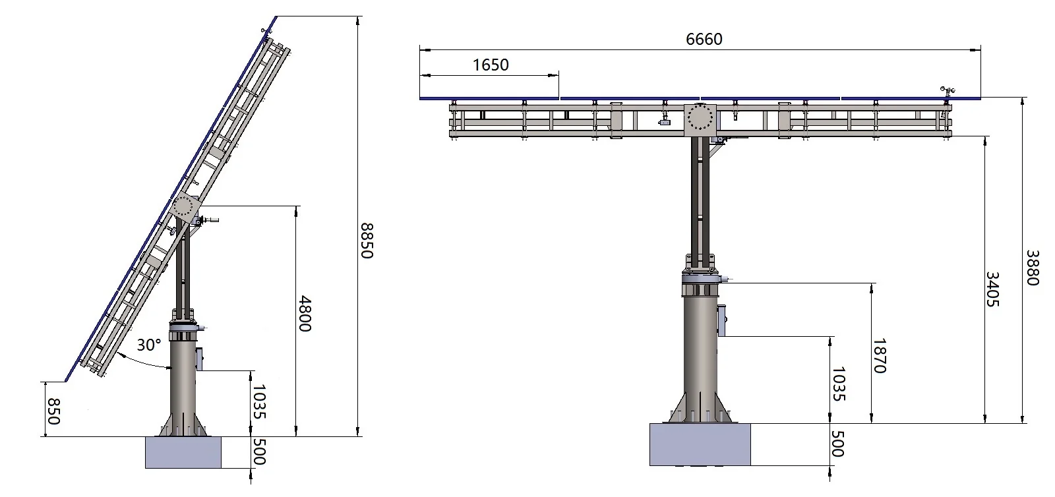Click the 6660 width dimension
pyautogui.click(x=704, y=39)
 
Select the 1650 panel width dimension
pyautogui.click(x=491, y=65)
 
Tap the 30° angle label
pyautogui.click(x=149, y=345)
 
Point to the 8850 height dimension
pyautogui.click(x=367, y=241)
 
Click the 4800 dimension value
pyautogui.click(x=305, y=314)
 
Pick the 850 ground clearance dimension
pyautogui.click(x=54, y=411)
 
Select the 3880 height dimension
pyautogui.click(x=1033, y=268)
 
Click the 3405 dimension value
pyautogui.click(x=992, y=289)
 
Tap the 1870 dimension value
pyautogui.click(x=880, y=356)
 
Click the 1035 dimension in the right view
pyautogui.click(x=838, y=384)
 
